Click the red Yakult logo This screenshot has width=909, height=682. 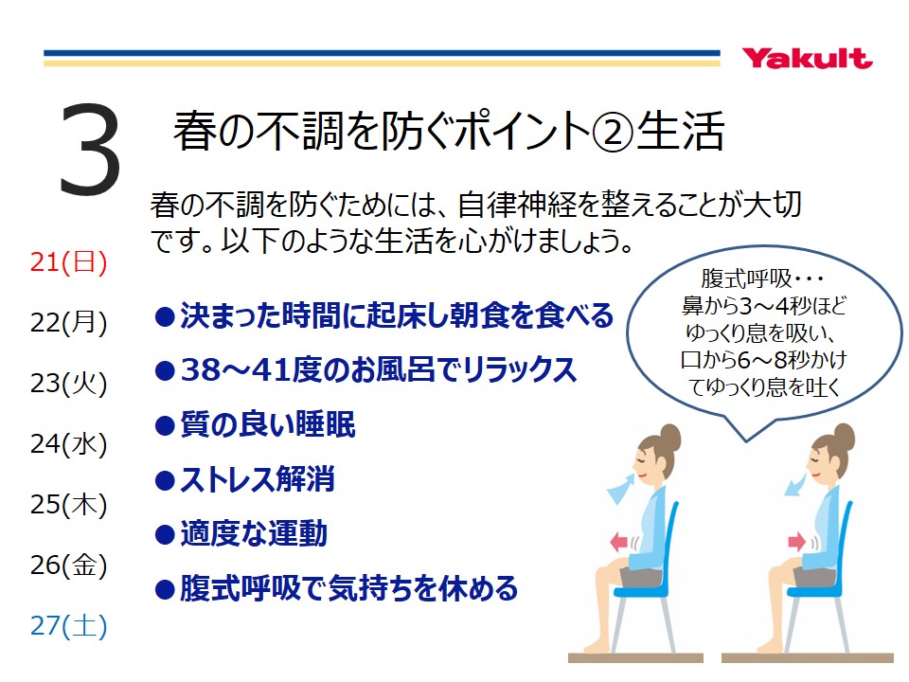(807, 58)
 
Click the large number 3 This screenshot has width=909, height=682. (90, 149)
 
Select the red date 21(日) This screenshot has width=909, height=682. (68, 262)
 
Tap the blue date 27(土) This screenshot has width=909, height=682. (68, 626)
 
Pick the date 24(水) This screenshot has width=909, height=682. (68, 444)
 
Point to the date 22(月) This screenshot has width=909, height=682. (68, 323)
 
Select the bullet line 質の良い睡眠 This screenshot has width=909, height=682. (255, 425)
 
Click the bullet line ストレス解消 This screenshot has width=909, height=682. (244, 479)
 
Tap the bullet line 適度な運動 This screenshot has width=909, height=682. (241, 534)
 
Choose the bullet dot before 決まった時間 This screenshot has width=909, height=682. (165, 317)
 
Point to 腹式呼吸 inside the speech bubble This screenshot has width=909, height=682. (746, 278)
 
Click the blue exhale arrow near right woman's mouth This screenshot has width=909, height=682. (797, 484)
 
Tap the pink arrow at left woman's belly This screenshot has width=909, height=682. (619, 542)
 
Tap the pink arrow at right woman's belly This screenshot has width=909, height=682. (796, 542)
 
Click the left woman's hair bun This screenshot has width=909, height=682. (670, 437)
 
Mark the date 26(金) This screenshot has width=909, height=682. (68, 565)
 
